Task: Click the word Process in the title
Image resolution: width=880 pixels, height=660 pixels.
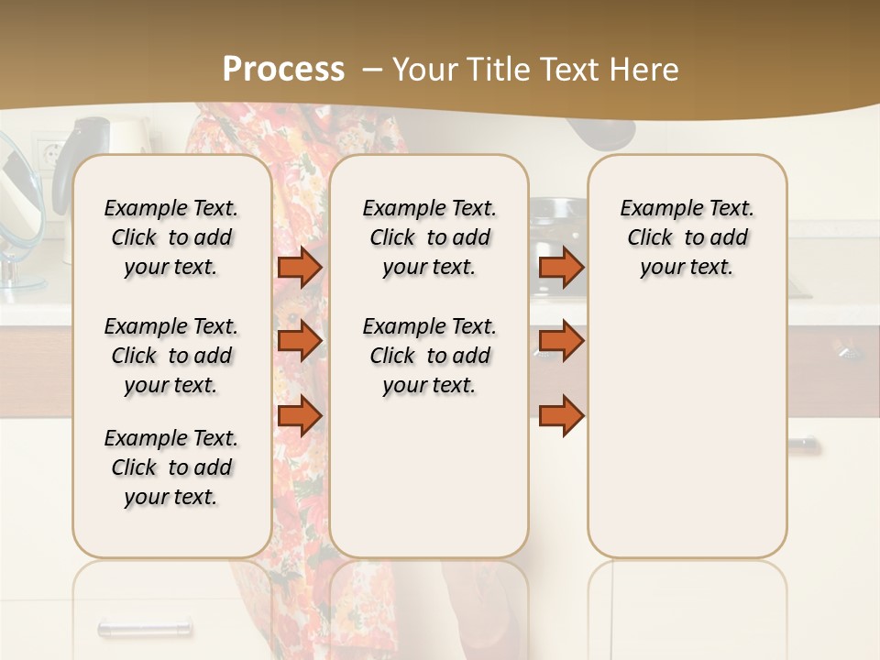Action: (x=283, y=70)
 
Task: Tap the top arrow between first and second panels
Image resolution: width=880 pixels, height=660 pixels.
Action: (x=300, y=267)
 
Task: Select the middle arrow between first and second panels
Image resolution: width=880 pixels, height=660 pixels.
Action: (x=300, y=341)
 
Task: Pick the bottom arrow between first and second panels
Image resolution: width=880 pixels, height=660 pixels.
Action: (x=300, y=415)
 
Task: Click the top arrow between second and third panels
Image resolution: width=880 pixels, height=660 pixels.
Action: (x=561, y=267)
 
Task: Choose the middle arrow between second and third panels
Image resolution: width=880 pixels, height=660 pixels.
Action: (x=561, y=341)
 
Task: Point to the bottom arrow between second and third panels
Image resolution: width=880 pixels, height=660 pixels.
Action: (x=561, y=415)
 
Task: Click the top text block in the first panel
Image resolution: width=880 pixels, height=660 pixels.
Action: (x=171, y=237)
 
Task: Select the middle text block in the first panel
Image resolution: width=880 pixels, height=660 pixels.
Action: (x=171, y=356)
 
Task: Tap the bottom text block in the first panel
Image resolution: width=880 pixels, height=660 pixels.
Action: (x=171, y=467)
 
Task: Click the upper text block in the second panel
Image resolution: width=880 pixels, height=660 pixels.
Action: (x=429, y=237)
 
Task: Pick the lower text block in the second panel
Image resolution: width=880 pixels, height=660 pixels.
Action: (x=429, y=356)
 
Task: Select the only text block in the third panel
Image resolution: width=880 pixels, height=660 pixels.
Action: (x=687, y=237)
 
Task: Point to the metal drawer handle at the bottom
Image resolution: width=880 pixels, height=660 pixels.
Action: (x=145, y=629)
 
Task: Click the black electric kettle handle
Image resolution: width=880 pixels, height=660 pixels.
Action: (x=70, y=160)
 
